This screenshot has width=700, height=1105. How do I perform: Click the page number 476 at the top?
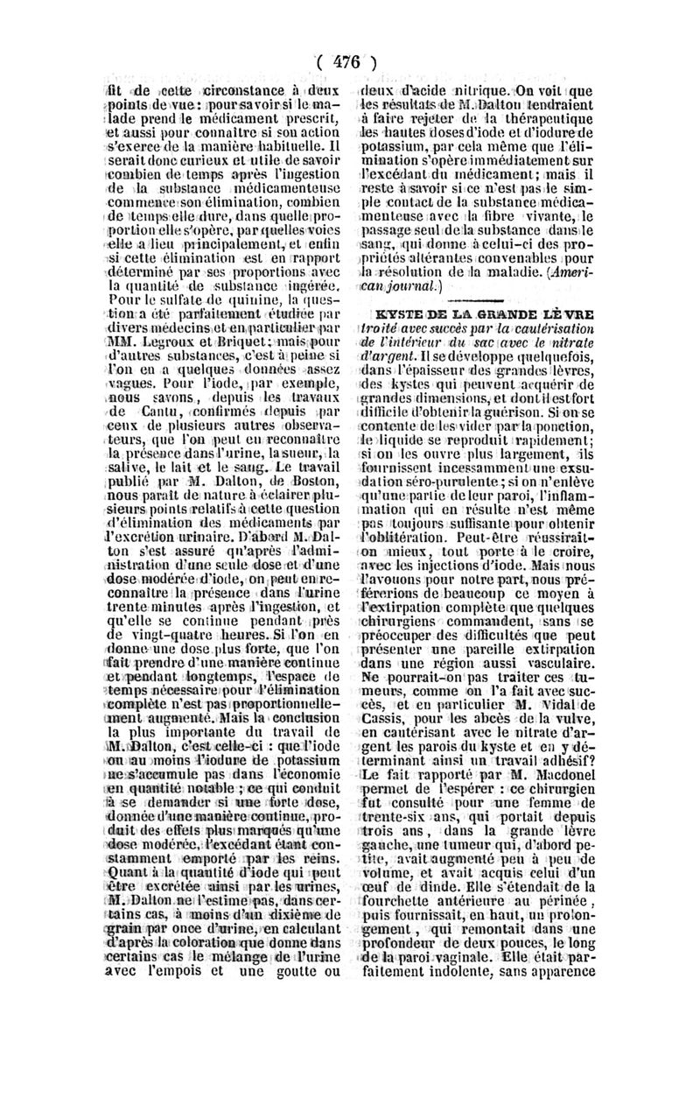[x=347, y=62]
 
